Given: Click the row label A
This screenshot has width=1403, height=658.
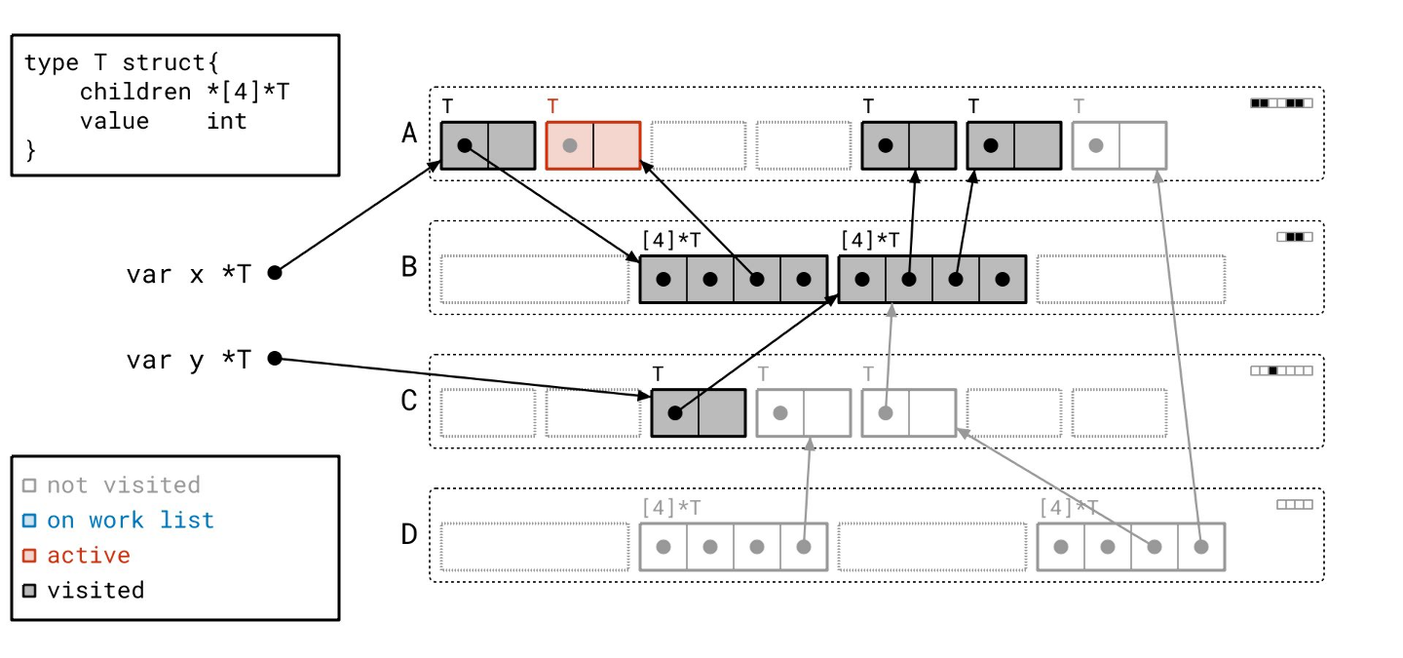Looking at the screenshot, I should click(409, 133).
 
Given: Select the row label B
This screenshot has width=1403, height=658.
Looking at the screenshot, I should click(409, 266).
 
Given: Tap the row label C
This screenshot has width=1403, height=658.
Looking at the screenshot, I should click(409, 401).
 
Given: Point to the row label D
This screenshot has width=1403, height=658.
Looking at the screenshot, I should click(409, 534).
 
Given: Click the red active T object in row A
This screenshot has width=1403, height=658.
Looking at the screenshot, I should click(593, 145).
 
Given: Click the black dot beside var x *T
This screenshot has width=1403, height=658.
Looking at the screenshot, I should click(275, 273).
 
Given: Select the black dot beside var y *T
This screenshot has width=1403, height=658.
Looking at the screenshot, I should click(275, 359).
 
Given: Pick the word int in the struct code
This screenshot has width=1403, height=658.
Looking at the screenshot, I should click(226, 121).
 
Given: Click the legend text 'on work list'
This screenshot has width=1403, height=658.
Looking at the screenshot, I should click(131, 521).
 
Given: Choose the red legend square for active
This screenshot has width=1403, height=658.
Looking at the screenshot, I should click(29, 556).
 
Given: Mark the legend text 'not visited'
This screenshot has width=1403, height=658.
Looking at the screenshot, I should click(124, 485).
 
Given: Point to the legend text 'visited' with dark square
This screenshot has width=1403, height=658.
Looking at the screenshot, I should click(95, 591).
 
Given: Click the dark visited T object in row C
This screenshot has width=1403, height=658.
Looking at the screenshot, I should click(699, 413).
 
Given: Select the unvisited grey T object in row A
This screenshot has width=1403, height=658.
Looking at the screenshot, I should click(1119, 145).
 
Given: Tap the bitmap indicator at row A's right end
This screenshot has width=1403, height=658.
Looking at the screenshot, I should click(1281, 102).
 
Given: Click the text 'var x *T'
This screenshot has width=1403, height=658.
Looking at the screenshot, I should click(188, 274).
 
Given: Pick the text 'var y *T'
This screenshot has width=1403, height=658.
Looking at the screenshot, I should click(188, 360).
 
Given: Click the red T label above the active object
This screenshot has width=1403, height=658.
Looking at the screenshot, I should click(552, 106).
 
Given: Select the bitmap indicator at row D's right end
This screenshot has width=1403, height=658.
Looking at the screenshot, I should click(1294, 505).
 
